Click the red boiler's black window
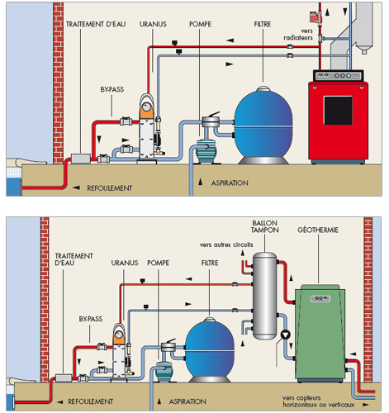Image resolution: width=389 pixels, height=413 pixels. [338, 110]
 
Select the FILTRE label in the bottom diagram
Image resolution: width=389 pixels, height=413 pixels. [210, 263]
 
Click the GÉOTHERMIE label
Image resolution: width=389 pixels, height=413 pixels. [318, 230]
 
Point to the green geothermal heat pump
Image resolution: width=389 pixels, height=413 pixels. [320, 333]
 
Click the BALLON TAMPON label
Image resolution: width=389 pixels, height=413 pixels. [265, 226]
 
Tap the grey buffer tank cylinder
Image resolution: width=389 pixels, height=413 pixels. [265, 296]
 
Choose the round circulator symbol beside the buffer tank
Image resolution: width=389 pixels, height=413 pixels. [286, 335]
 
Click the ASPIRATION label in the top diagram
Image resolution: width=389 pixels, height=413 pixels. [230, 183]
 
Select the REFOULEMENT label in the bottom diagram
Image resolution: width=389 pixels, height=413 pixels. [91, 401]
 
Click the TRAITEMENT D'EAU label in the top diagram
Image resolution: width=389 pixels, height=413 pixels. [96, 24]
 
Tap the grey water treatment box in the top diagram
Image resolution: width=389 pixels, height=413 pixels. [81, 159]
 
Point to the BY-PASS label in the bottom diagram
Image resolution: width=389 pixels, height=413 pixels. [91, 319]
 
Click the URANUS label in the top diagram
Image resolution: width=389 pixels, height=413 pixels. [153, 24]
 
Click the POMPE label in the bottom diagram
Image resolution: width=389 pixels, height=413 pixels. [158, 263]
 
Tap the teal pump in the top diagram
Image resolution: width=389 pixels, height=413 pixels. [206, 151]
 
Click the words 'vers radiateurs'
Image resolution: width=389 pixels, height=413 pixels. [298, 34]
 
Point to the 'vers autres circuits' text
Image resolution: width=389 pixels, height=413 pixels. [226, 244]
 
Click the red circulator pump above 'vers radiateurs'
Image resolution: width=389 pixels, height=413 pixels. [315, 17]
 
